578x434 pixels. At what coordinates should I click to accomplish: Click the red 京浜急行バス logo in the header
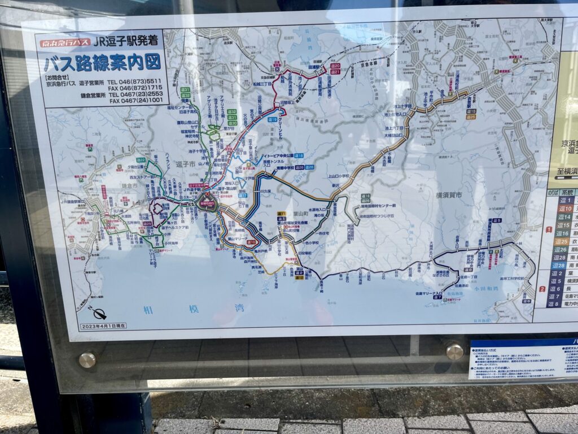(65, 43)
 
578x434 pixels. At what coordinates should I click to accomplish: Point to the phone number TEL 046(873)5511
(135, 81)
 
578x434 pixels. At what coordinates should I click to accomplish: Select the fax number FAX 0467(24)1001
(135, 100)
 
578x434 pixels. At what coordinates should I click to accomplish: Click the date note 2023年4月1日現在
(103, 326)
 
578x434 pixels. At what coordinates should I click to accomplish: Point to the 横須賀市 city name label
(449, 195)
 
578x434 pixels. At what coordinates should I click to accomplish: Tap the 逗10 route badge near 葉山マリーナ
(252, 242)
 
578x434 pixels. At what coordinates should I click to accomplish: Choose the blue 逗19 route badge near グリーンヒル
(273, 120)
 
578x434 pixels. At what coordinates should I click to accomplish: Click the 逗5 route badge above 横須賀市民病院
(496, 220)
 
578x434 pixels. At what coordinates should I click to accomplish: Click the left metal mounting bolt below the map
(87, 360)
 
